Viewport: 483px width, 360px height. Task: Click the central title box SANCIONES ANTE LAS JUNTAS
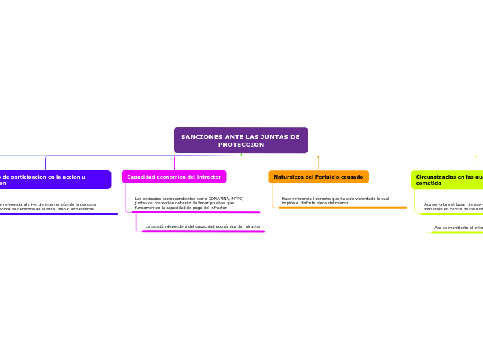coord(240,140)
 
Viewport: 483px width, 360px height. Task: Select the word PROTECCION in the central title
coord(241,145)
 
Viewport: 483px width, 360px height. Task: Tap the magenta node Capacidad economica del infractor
coord(174,177)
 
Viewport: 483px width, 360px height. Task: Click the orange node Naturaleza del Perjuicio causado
coord(318,177)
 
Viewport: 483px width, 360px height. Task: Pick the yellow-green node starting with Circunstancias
coord(448,180)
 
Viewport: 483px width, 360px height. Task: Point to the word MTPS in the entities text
coord(237,199)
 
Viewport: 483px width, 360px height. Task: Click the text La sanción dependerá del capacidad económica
coord(202,226)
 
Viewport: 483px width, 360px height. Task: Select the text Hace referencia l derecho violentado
coord(335,201)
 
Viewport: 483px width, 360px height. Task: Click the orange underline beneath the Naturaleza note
coord(342,208)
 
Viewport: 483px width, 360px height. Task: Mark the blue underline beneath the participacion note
coord(58,213)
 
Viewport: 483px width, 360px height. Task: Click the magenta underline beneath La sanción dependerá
coord(203,231)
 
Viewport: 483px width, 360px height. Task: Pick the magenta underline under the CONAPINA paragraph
coord(196,213)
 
